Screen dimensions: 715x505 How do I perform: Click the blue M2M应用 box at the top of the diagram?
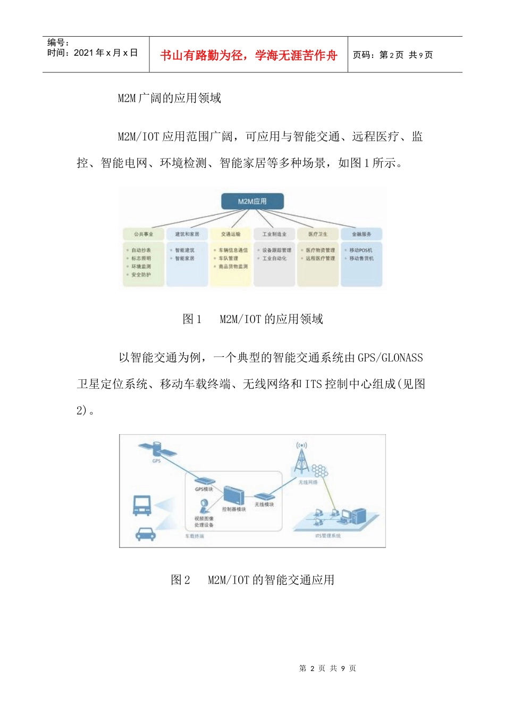252,201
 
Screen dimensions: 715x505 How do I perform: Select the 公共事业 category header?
144,234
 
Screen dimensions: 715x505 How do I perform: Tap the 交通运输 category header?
231,234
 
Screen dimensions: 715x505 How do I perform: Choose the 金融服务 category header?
361,234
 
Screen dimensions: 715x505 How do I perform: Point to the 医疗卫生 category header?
318,234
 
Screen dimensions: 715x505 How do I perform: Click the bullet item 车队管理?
229,259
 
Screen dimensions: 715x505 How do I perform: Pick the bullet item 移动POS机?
361,250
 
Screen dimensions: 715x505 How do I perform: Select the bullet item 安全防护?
141,275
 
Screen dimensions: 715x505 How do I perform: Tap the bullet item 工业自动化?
274,259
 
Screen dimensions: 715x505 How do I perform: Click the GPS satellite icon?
157,450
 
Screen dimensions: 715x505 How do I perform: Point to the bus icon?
142,505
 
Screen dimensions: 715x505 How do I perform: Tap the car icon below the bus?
145,534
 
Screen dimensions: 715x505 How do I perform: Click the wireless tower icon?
302,458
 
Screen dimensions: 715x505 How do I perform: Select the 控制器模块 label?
234,509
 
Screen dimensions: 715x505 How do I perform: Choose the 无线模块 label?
264,504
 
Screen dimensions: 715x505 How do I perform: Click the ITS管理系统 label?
328,536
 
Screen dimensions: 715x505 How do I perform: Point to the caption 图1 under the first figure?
192,319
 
